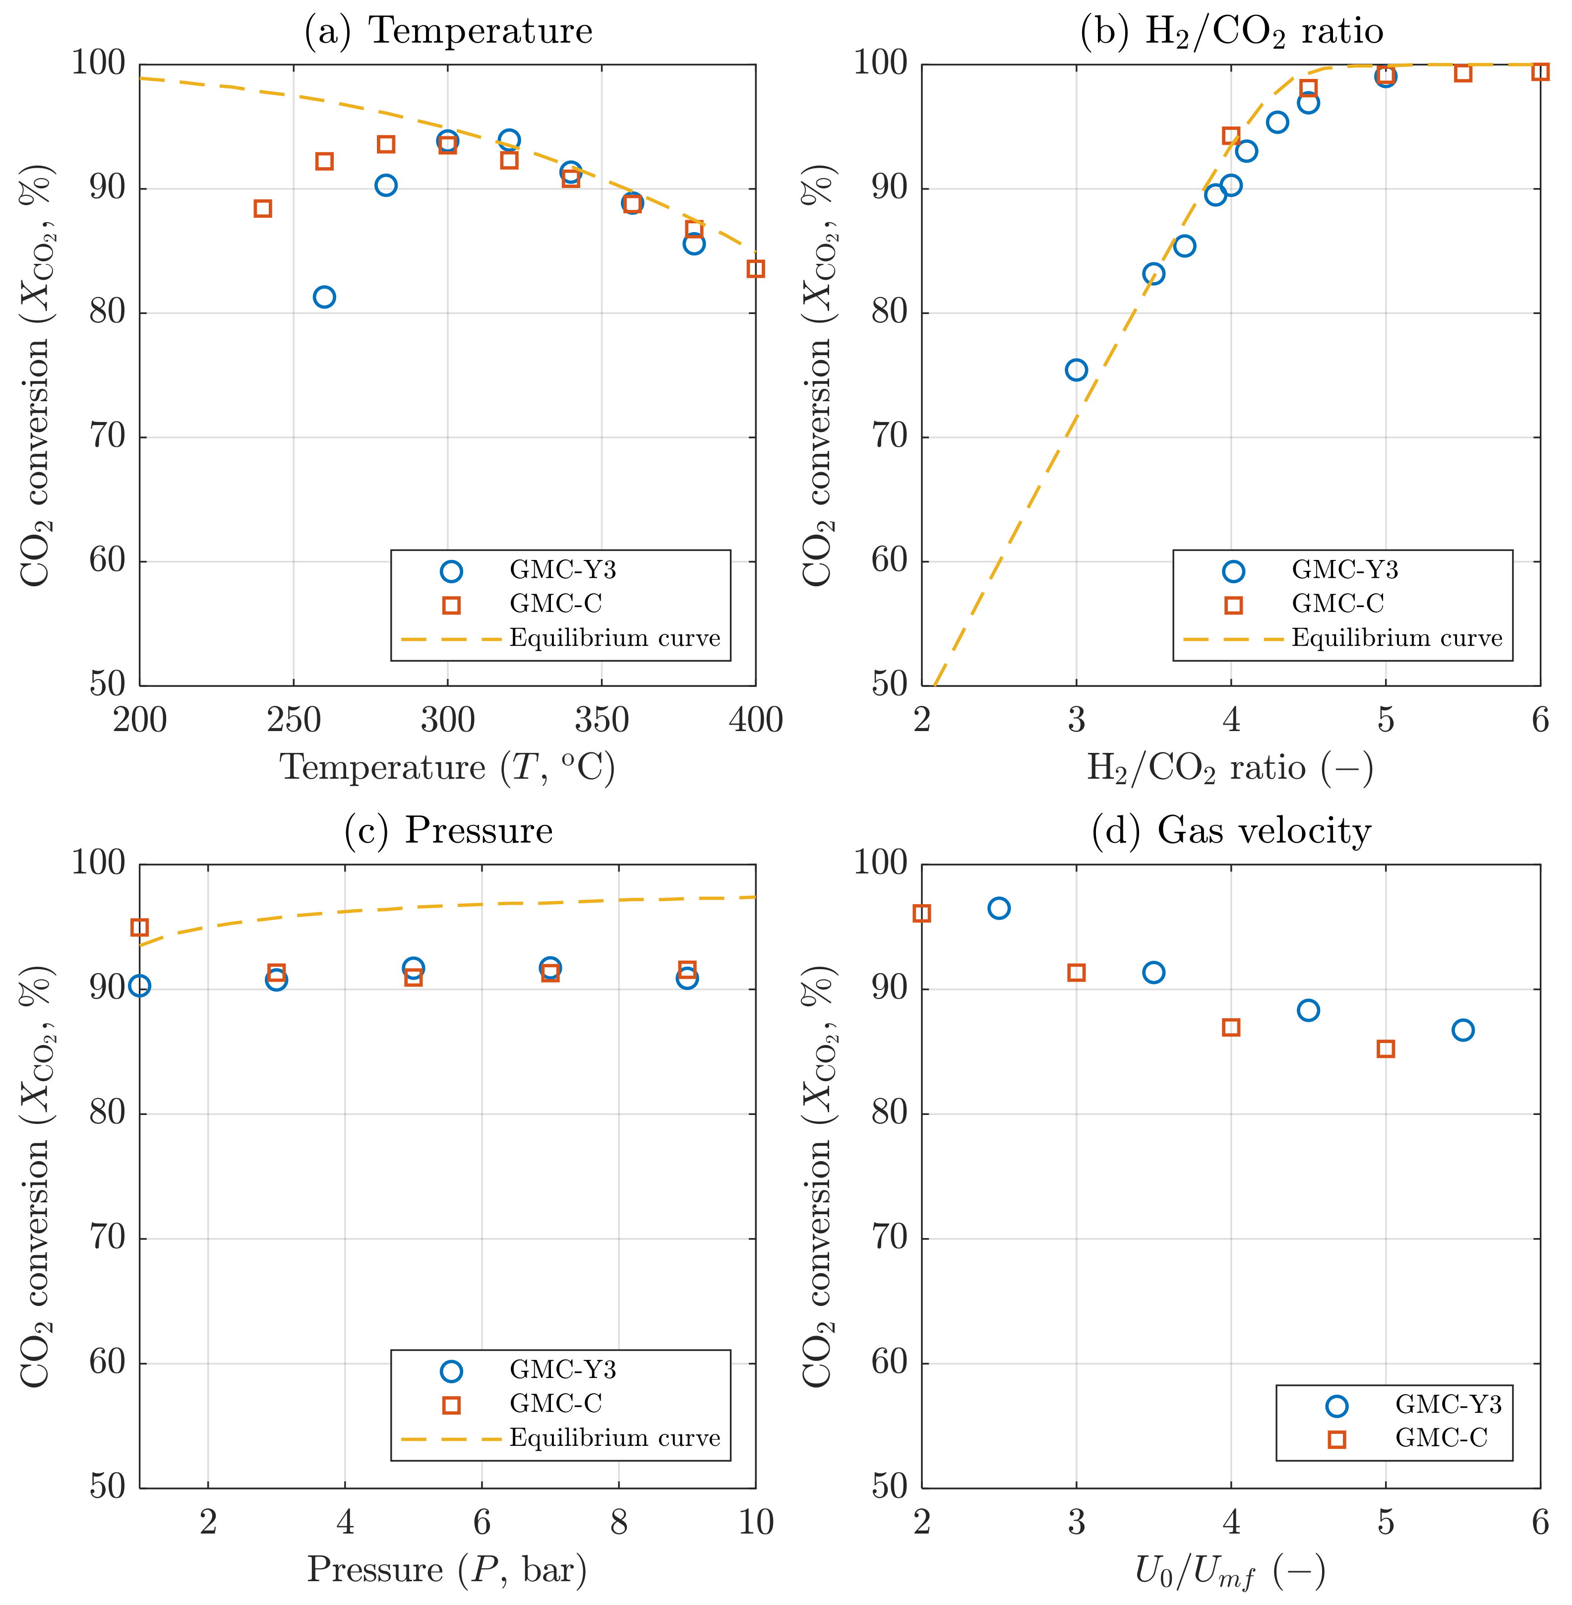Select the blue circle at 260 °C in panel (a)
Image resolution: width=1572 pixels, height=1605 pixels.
(x=324, y=297)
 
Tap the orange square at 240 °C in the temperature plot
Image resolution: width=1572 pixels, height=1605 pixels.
(x=262, y=208)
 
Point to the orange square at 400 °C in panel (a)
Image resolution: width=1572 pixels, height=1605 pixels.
(x=755, y=268)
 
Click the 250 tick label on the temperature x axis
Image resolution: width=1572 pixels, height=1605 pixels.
(x=293, y=720)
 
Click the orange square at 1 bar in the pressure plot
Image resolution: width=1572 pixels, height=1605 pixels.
(x=139, y=927)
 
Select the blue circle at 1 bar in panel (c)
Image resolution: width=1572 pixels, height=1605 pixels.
(x=139, y=986)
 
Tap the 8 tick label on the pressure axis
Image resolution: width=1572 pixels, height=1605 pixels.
(x=618, y=1522)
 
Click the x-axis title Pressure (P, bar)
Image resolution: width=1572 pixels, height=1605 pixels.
(x=447, y=1569)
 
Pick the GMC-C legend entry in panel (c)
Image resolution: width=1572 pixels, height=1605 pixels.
(x=555, y=1404)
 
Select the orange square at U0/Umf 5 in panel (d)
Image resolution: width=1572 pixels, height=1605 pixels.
(x=1386, y=1049)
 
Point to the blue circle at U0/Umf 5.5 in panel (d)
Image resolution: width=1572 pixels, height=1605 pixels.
(x=1462, y=1030)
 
